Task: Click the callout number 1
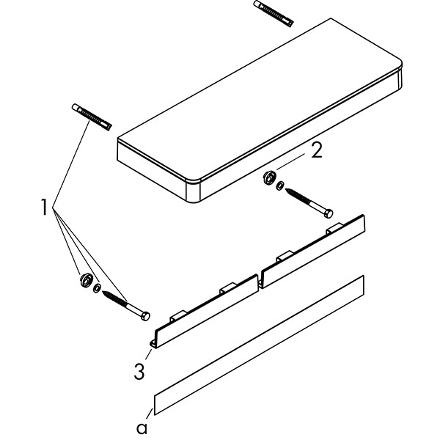(x=44, y=207)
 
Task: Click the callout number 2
(x=317, y=152)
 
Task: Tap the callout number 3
(x=139, y=371)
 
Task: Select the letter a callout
(x=142, y=428)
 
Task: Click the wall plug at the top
(x=274, y=14)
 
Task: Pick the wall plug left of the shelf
(x=92, y=117)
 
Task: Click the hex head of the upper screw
(x=329, y=214)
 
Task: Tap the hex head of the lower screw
(x=145, y=316)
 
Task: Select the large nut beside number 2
(x=269, y=177)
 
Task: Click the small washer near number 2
(x=279, y=186)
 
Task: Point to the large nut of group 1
(x=86, y=280)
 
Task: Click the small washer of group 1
(x=97, y=288)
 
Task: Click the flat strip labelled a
(x=259, y=345)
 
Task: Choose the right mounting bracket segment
(x=313, y=251)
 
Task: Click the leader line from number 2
(x=290, y=162)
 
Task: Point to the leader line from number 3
(x=148, y=354)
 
